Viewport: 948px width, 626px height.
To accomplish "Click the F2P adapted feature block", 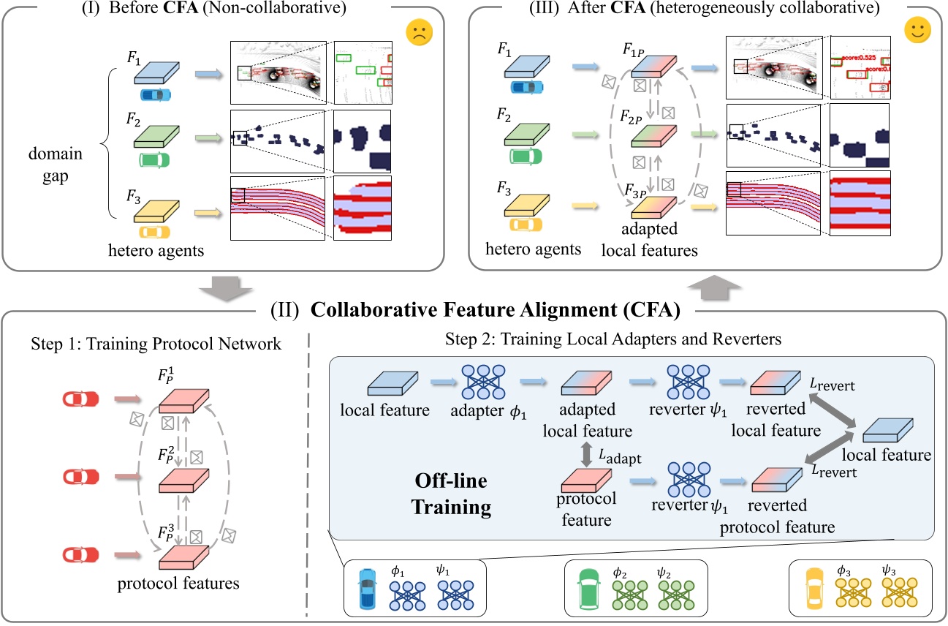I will [655, 136].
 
